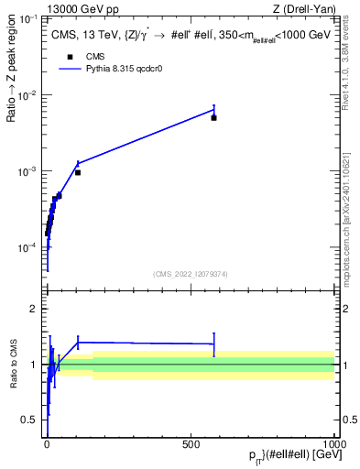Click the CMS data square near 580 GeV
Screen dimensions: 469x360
click(x=213, y=118)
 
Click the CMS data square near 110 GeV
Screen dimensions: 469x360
click(x=78, y=172)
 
